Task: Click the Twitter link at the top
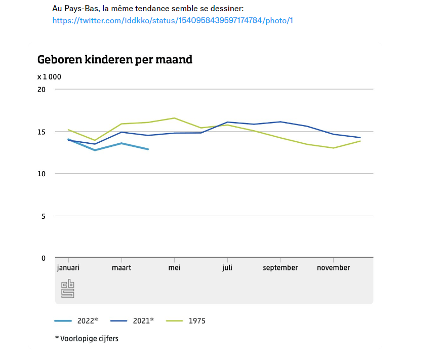pyautogui.click(x=173, y=21)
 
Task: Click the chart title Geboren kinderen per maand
pyautogui.click(x=115, y=60)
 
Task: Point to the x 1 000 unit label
pyautogui.click(x=49, y=77)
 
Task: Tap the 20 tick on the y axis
pyautogui.click(x=42, y=90)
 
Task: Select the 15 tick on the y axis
pyautogui.click(x=42, y=132)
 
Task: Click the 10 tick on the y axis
pyautogui.click(x=42, y=174)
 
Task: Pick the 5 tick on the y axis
pyautogui.click(x=43, y=216)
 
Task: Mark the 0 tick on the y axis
pyautogui.click(x=43, y=258)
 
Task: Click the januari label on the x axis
pyautogui.click(x=68, y=268)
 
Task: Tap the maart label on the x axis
pyautogui.click(x=121, y=268)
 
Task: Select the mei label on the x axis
pyautogui.click(x=174, y=268)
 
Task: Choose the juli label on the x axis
pyautogui.click(x=227, y=268)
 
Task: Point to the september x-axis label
pyautogui.click(x=280, y=268)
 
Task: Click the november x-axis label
pyautogui.click(x=333, y=268)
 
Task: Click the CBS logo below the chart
pyautogui.click(x=68, y=289)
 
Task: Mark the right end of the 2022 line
pyautogui.click(x=148, y=149)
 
